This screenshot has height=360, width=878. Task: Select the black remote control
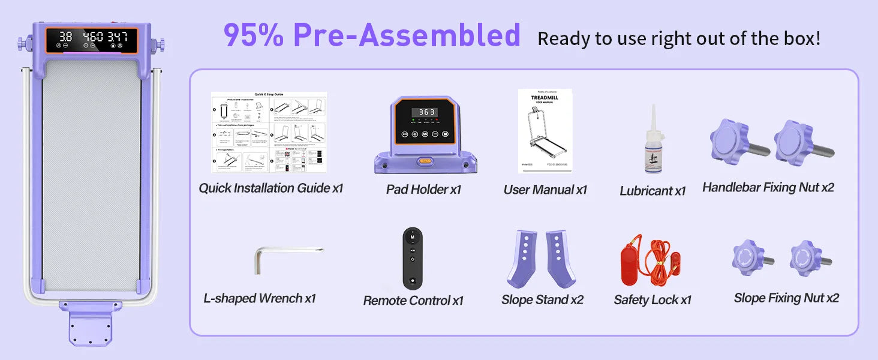coord(413,259)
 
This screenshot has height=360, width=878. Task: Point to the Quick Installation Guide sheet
coord(269,133)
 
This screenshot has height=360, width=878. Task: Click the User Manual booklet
coord(545,131)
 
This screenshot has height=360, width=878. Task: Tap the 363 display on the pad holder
coord(427,112)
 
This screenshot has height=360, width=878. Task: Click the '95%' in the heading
coord(254,36)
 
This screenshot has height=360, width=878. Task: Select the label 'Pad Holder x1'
coord(423,190)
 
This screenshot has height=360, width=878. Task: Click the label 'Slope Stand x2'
coord(542,299)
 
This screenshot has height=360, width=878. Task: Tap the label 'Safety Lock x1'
coord(653,300)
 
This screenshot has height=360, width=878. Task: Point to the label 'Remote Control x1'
coord(413,301)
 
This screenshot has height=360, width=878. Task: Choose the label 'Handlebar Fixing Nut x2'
coord(768,188)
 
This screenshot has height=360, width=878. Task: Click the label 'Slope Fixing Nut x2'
coord(786,298)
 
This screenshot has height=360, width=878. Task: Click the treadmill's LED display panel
coord(92,38)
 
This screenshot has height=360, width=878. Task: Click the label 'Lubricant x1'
coord(653,191)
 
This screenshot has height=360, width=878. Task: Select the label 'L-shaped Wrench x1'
coord(259,298)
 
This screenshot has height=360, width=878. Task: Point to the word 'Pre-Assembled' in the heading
coord(407,36)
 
